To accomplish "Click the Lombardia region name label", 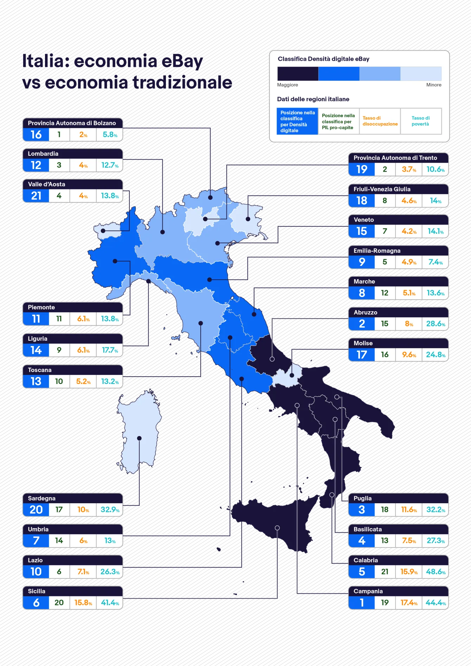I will [43, 154].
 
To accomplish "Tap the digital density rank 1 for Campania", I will [362, 603].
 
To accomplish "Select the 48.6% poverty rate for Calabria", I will [435, 572].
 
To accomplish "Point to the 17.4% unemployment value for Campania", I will [409, 603].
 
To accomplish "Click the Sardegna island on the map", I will [139, 433].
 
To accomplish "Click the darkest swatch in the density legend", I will [298, 74].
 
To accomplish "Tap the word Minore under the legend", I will [433, 85].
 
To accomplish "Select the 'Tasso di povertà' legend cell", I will [421, 121].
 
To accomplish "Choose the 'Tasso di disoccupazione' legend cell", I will [380, 121].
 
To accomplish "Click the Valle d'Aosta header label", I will [46, 184].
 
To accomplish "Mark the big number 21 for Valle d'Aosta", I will [36, 196].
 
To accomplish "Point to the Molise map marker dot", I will [292, 375].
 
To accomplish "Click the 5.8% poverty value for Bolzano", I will [110, 135].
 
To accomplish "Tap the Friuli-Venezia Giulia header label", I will [382, 189].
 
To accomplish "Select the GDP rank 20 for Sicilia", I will [59, 603].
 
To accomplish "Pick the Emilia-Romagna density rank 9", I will [362, 262].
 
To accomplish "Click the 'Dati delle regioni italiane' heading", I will [313, 99].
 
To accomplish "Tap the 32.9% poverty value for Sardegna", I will [110, 510].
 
